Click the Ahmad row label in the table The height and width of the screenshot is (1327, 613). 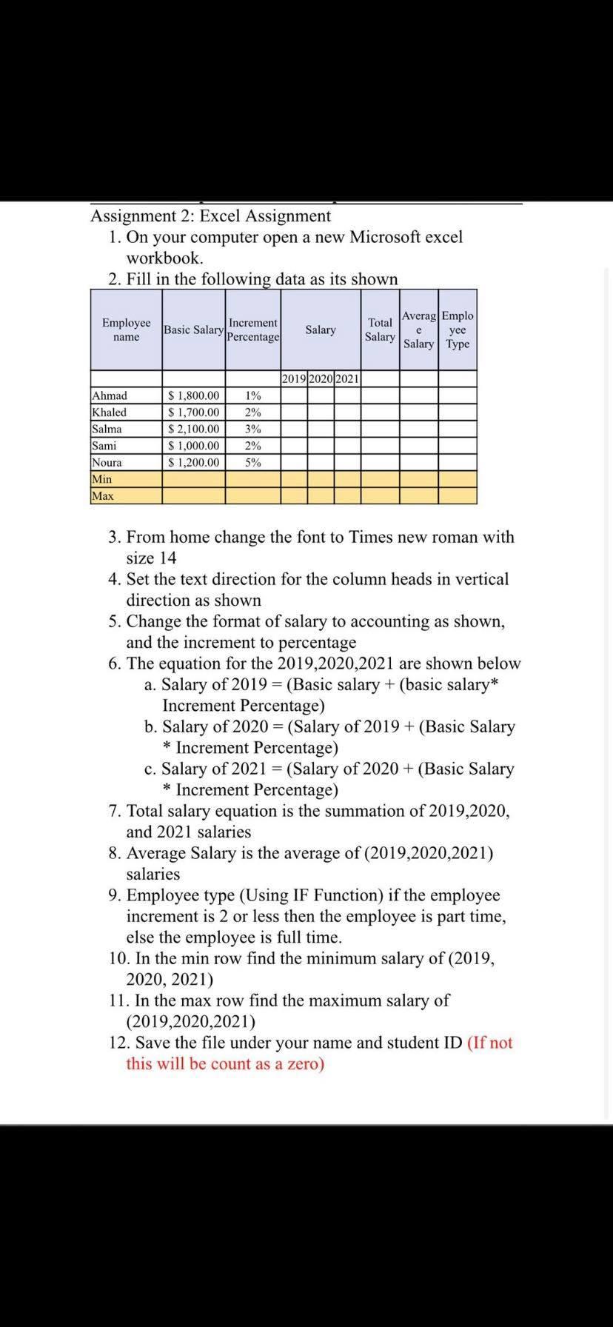[109, 395]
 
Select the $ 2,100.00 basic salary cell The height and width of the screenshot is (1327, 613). [194, 429]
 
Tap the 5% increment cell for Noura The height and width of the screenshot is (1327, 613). [252, 462]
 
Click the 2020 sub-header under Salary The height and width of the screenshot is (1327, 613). [321, 378]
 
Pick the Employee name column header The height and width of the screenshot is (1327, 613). [126, 330]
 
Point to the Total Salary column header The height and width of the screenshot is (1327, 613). [380, 330]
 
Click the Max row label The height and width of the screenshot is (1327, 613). [103, 495]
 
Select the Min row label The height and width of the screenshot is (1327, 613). [102, 479]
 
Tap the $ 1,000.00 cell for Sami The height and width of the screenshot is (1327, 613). [194, 446]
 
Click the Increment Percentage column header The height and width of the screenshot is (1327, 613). [252, 330]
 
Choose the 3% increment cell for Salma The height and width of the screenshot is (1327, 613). [252, 429]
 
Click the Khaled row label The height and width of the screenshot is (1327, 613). [109, 412]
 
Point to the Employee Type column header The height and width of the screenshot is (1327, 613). [458, 330]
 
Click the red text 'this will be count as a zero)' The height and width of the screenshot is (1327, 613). [225, 1064]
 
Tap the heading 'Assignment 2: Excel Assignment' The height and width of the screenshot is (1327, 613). [210, 215]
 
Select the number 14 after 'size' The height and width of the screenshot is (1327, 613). [167, 558]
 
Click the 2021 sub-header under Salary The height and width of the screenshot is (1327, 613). [347, 378]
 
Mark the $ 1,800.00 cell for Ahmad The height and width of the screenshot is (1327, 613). [194, 395]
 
